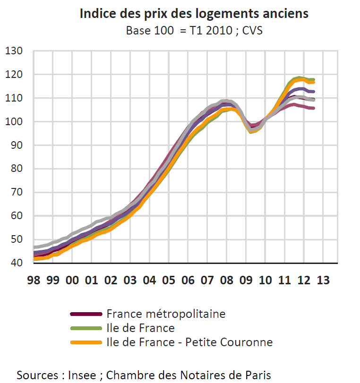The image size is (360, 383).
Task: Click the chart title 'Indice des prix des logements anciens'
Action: coord(194,13)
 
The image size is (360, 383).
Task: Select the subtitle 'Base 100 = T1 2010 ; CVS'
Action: coord(194,31)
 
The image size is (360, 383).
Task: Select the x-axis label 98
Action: coord(34,280)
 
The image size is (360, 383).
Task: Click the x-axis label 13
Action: coord(323,280)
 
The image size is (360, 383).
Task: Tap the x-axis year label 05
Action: coord(169,280)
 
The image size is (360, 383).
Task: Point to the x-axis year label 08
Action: coord(227,280)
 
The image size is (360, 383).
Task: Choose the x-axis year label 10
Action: coord(266,280)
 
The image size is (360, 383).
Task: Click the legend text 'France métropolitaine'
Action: coord(166,314)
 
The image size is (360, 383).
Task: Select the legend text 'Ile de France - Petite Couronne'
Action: coord(189,342)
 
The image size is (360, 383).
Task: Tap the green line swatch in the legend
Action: coord(86,328)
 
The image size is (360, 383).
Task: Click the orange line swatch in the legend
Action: coord(86,342)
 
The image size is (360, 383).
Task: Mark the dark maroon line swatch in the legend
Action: coord(86,314)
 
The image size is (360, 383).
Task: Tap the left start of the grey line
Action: coord(34,247)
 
